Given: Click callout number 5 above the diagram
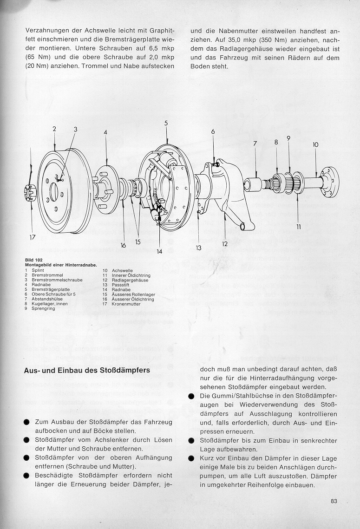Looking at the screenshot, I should pyautogui.click(x=166, y=123).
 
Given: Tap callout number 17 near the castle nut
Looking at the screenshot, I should pyautogui.click(x=33, y=237).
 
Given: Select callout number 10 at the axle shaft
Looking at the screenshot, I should pyautogui.click(x=316, y=145).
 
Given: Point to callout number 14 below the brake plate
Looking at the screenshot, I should pyautogui.click(x=159, y=252).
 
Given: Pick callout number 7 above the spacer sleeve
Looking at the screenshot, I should pyautogui.click(x=255, y=144).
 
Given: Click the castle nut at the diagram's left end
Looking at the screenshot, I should pyautogui.click(x=30, y=190).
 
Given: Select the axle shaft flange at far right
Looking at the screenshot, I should pyautogui.click(x=330, y=181).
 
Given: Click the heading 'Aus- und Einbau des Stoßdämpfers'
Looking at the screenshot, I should pyautogui.click(x=86, y=371).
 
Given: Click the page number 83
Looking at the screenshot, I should pyautogui.click(x=334, y=501).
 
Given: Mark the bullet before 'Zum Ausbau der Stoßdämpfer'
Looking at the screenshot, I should pyautogui.click(x=26, y=422).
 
